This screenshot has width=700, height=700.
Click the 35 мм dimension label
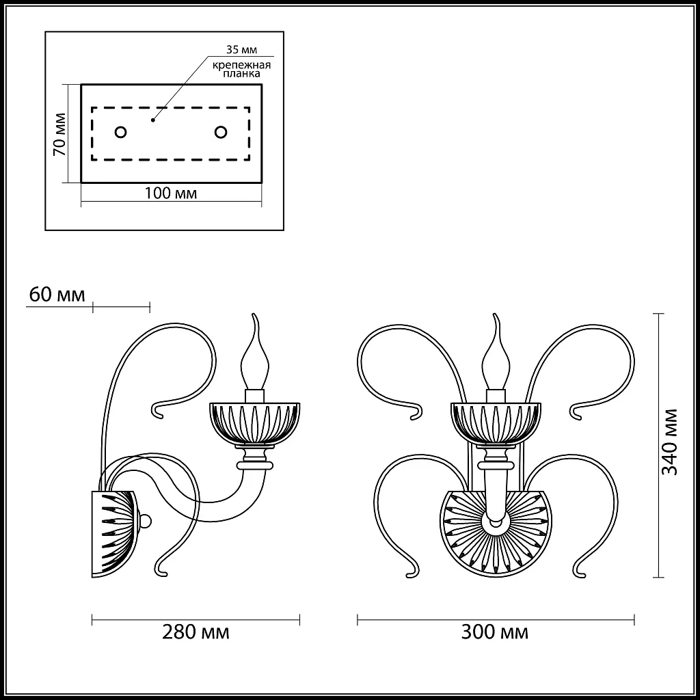(x=240, y=50)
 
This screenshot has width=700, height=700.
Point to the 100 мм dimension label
(x=171, y=193)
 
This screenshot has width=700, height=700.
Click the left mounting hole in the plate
(x=120, y=132)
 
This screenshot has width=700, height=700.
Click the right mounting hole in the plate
(x=221, y=132)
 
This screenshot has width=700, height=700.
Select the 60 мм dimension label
(x=57, y=295)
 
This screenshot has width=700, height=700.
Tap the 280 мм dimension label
(x=196, y=632)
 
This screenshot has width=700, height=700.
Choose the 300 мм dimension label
(x=496, y=632)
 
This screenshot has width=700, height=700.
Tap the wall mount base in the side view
(x=113, y=533)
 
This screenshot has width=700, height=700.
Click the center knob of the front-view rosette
(x=495, y=524)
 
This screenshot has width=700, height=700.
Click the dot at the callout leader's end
(x=153, y=119)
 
